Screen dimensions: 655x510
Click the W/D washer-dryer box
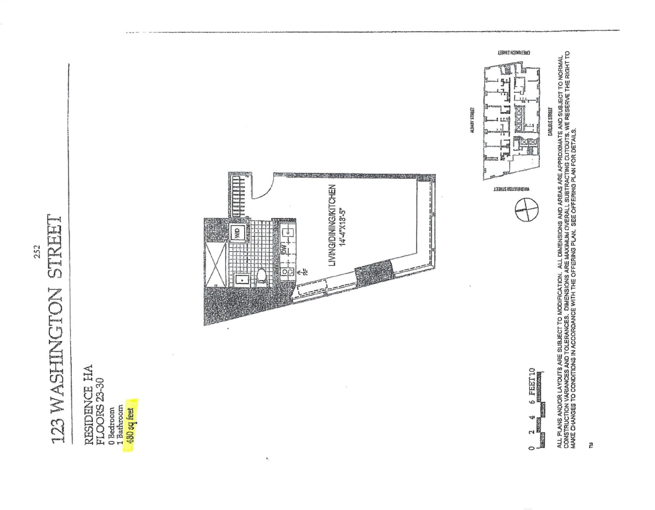[237, 234]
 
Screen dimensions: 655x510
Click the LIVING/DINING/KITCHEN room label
[331, 224]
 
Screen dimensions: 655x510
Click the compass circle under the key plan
[526, 210]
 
